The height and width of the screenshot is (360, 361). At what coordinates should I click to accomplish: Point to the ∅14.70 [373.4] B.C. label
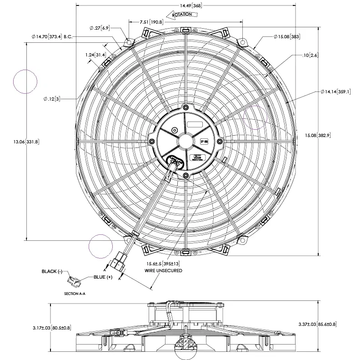pos(52,35)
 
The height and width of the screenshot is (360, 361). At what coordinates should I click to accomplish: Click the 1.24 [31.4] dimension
pos(95,55)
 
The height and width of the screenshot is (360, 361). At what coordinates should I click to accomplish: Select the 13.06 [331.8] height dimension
pos(26,142)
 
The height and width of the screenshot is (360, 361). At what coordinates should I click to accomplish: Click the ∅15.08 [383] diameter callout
pos(286,36)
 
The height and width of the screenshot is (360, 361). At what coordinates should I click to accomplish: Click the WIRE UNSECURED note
pos(164,270)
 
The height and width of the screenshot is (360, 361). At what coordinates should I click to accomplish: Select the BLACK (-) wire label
pos(52,271)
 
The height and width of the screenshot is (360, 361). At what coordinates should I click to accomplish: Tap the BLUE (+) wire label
pos(103,277)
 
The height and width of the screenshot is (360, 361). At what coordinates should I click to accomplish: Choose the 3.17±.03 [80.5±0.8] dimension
pos(52,328)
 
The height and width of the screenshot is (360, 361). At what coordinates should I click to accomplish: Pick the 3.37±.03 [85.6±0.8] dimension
pos(317,324)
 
